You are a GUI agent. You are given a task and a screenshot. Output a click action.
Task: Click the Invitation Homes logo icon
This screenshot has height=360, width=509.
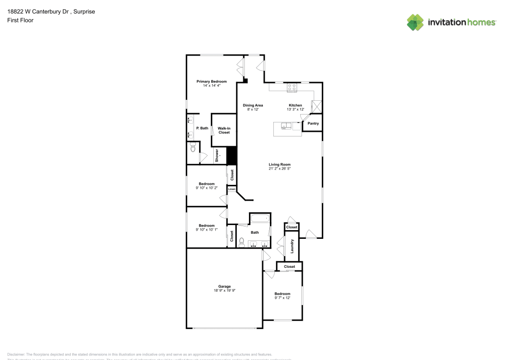[415, 22]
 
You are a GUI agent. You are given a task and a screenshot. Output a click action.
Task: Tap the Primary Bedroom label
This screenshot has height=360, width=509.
[211, 81]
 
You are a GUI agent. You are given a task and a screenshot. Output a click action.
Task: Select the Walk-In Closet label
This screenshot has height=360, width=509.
[224, 130]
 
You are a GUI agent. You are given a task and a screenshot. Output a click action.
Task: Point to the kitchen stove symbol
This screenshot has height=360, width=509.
[292, 88]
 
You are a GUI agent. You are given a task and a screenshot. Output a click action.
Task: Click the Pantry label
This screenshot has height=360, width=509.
[313, 123]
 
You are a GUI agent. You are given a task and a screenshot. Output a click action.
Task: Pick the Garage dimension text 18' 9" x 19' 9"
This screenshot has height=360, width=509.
[224, 290]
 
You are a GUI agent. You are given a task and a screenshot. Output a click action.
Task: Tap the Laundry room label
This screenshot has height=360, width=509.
[292, 246]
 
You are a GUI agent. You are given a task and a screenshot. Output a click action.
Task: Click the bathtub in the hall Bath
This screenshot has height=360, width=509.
[259, 219]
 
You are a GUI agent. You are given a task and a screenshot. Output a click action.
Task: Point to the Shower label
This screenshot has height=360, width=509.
[217, 156]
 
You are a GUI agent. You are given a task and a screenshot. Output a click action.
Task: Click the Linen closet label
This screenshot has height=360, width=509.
[232, 189]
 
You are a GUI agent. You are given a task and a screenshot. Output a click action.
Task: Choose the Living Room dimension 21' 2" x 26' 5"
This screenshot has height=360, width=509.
[279, 169]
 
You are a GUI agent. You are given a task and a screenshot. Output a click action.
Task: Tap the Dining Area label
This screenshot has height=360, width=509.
[252, 105]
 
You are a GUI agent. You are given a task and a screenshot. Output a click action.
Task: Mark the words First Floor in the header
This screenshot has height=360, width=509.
[20, 20]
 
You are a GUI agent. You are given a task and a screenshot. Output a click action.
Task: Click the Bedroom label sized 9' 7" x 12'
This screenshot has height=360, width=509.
[282, 294]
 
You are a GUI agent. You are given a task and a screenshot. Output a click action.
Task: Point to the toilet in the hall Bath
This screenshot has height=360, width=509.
[242, 242]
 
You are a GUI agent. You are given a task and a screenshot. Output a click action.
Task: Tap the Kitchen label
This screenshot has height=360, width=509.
[295, 105]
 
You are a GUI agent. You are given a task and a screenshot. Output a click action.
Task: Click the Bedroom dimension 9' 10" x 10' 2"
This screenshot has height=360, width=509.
[206, 188]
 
